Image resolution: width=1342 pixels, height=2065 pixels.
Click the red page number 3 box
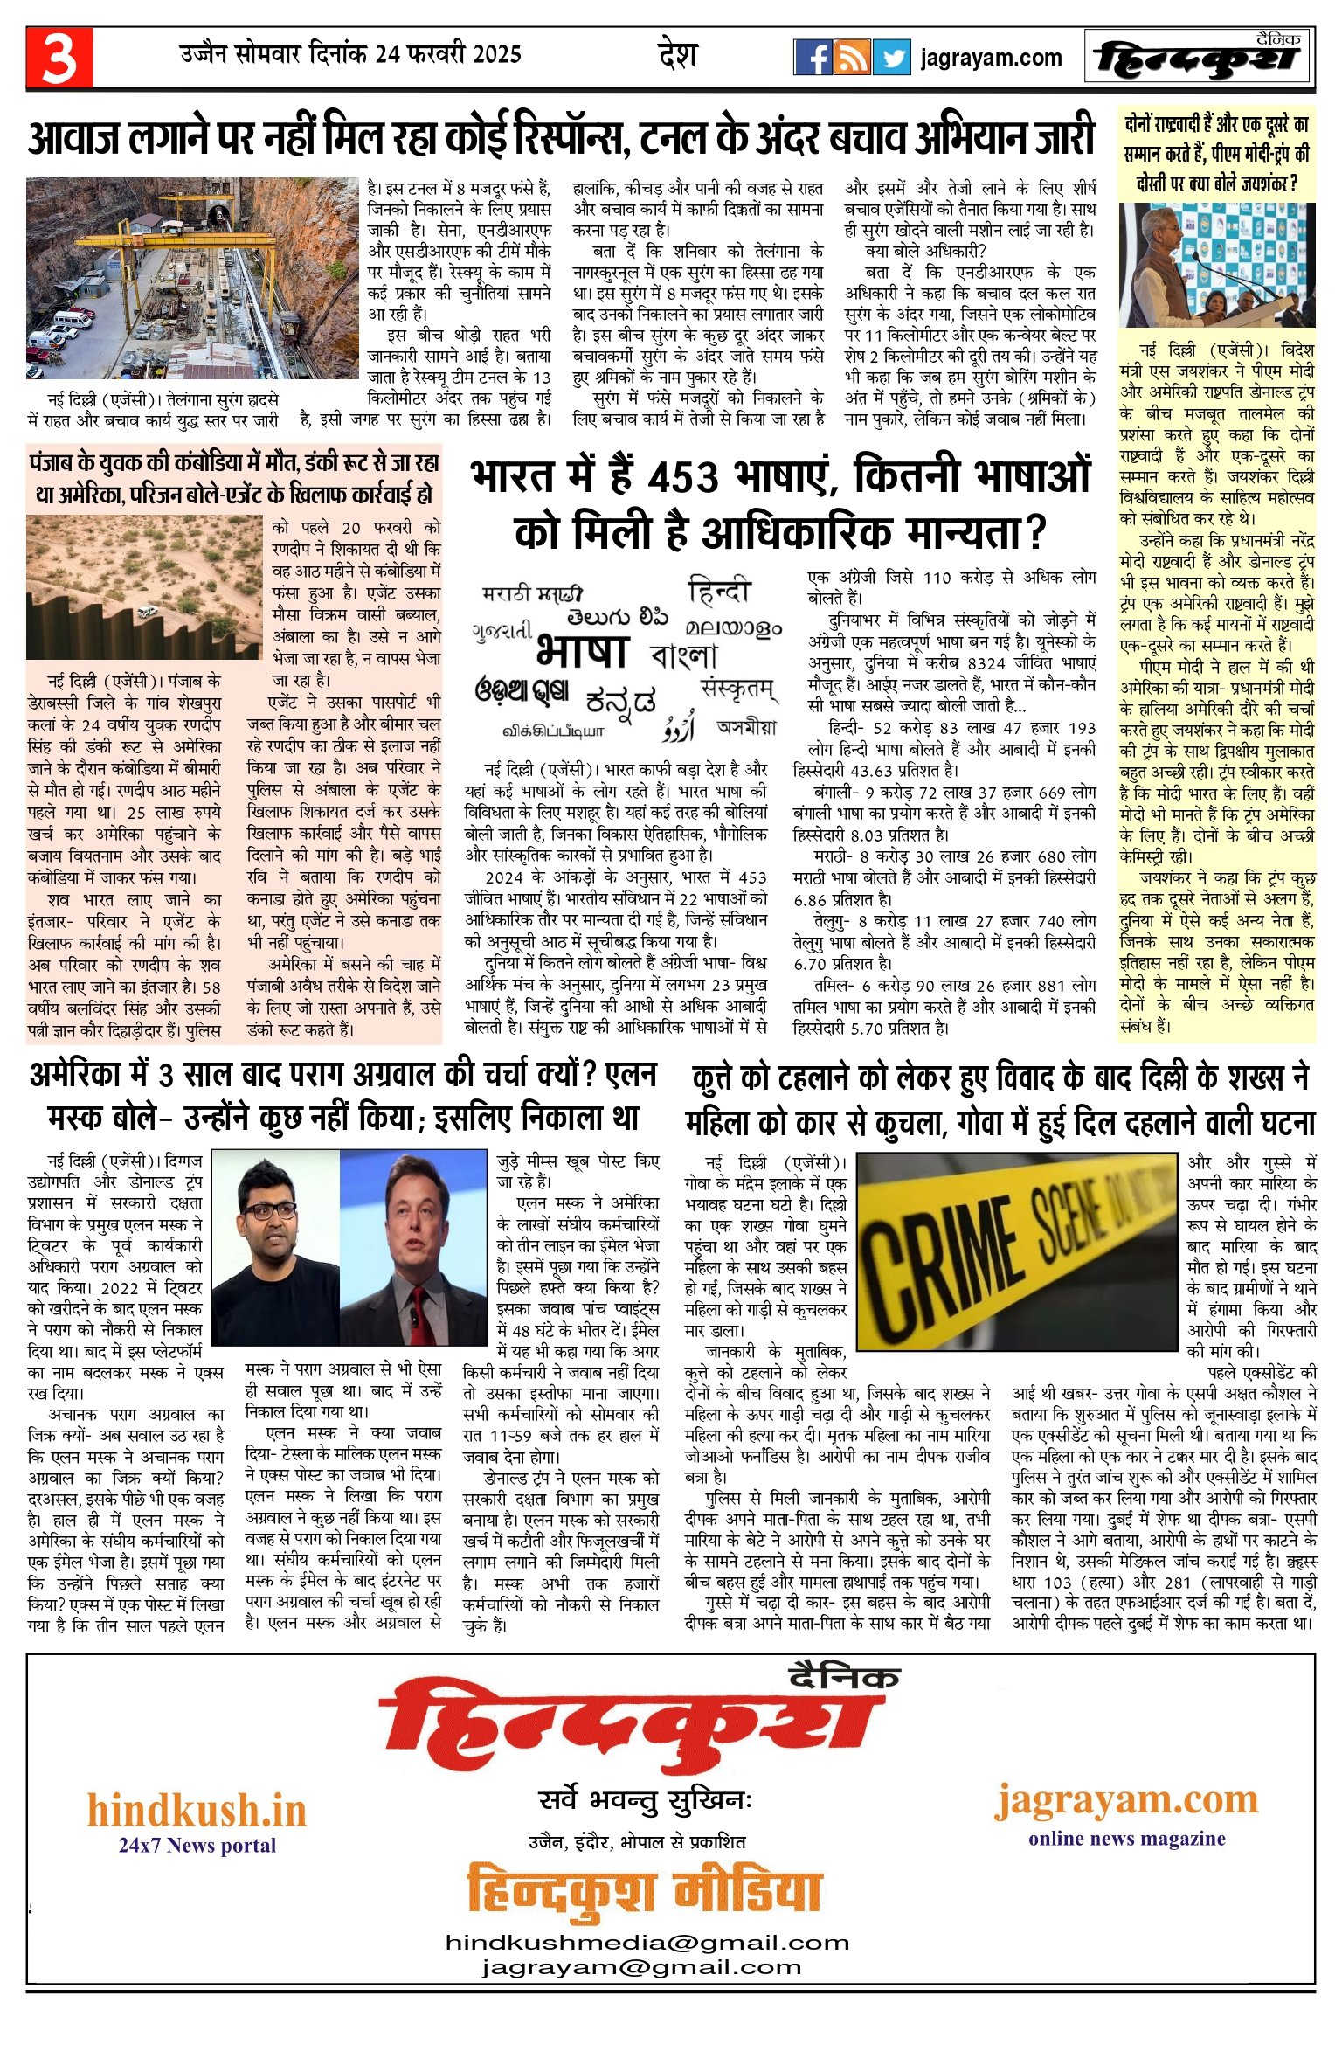pyautogui.click(x=59, y=58)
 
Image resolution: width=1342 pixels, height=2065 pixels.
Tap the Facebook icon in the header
pyautogui.click(x=813, y=58)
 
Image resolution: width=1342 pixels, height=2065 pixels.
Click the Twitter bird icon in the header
pyautogui.click(x=891, y=58)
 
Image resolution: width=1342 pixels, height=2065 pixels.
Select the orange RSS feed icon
pyautogui.click(x=852, y=58)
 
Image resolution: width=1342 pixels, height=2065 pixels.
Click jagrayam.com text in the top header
pyautogui.click(x=991, y=59)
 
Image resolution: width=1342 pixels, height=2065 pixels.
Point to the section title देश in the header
pyautogui.click(x=677, y=55)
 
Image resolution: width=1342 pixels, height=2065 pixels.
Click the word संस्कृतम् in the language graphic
pyautogui.click(x=738, y=689)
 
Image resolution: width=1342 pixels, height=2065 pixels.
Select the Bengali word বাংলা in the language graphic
pyautogui.click(x=685, y=655)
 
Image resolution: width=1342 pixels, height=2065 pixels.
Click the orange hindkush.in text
pyautogui.click(x=197, y=1810)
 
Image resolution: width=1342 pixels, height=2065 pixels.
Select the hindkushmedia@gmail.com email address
pyautogui.click(x=647, y=1942)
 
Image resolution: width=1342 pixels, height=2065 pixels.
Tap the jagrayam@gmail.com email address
pyautogui.click(x=641, y=1967)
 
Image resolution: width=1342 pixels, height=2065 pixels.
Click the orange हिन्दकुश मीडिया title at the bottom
pyautogui.click(x=644, y=1892)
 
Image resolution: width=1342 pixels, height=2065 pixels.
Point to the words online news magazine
pyautogui.click(x=1126, y=1838)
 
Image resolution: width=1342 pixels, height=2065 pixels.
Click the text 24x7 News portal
pyautogui.click(x=197, y=1845)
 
